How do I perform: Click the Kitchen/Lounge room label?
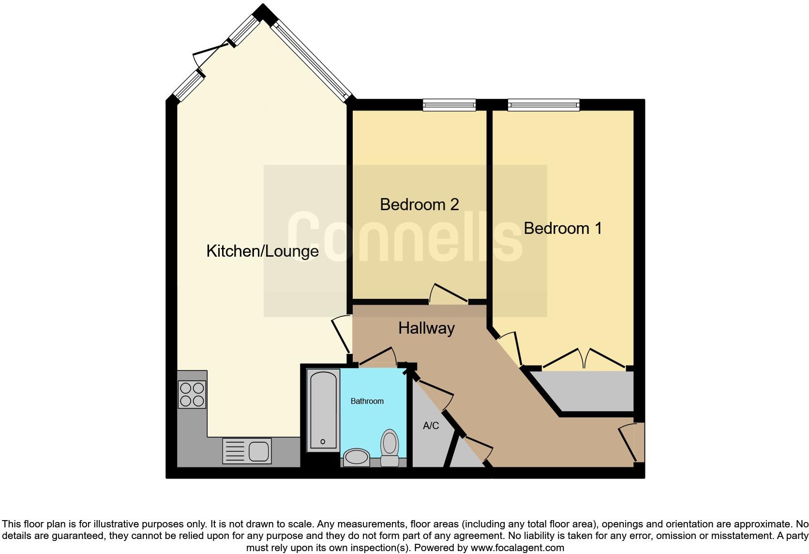pyautogui.click(x=262, y=251)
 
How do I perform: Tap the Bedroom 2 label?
pyautogui.click(x=419, y=204)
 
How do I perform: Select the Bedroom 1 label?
pyautogui.click(x=563, y=228)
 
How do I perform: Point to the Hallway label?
pyautogui.click(x=426, y=328)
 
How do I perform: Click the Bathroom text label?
pyautogui.click(x=367, y=401)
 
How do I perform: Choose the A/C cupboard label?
pyautogui.click(x=431, y=426)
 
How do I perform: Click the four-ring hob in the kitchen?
pyautogui.click(x=192, y=394)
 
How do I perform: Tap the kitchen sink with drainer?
pyautogui.click(x=247, y=451)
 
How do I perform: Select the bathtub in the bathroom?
pyautogui.click(x=323, y=410)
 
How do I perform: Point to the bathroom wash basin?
pyautogui.click(x=356, y=457)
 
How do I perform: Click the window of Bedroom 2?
pyautogui.click(x=449, y=104)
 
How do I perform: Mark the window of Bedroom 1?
pyautogui.click(x=543, y=104)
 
